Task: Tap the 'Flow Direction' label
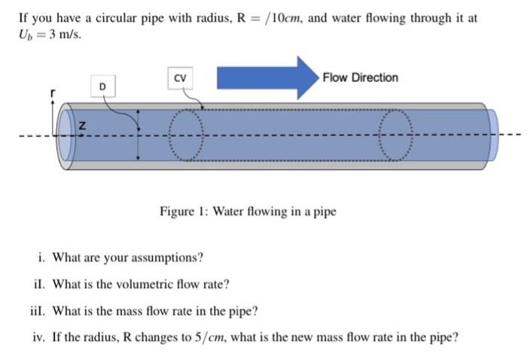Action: (x=360, y=78)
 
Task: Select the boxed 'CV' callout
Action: (x=179, y=78)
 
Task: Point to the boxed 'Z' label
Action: (x=81, y=128)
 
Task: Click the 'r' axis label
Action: (x=52, y=93)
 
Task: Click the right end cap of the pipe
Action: (x=492, y=136)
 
